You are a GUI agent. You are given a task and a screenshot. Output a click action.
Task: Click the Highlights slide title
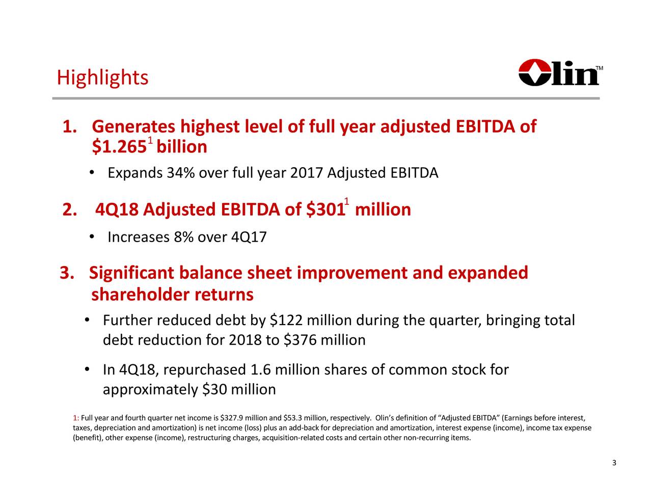[102, 78]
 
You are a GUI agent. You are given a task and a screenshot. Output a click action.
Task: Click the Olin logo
[559, 73]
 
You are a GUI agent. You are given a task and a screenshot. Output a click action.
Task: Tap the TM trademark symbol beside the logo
[600, 68]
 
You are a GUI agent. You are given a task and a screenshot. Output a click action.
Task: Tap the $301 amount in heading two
[324, 209]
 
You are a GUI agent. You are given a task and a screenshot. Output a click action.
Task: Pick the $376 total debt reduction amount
[300, 340]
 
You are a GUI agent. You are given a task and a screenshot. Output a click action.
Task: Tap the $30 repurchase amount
[214, 390]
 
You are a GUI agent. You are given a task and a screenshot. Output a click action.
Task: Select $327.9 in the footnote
[231, 419]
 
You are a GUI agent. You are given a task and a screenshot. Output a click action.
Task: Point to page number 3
[614, 463]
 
